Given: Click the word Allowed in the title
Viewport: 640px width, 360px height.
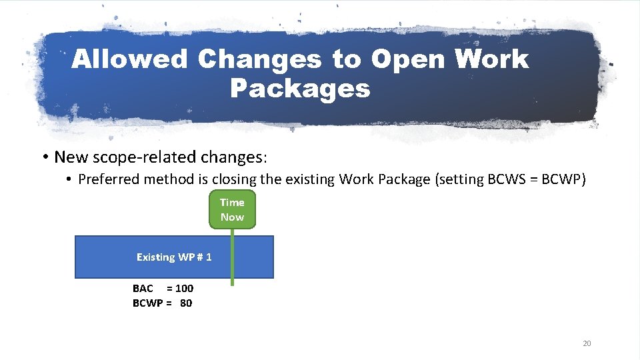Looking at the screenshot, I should click(130, 59).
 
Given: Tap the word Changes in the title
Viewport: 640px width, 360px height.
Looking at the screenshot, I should click(259, 59).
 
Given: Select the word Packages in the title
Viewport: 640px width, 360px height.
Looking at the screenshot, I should click(299, 88).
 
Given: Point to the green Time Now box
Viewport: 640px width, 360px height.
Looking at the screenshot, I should click(232, 209).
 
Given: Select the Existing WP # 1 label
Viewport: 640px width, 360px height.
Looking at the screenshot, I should click(174, 257).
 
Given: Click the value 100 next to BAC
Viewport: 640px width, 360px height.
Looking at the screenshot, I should click(185, 288).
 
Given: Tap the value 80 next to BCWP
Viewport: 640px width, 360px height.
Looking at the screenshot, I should click(186, 303).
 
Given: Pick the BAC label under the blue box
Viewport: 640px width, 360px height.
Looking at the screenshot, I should click(143, 288).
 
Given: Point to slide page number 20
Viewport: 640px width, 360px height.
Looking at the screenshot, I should click(587, 343).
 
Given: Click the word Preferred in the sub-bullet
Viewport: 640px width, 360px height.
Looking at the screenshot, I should click(106, 179).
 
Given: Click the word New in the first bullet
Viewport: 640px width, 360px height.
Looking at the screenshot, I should click(67, 157).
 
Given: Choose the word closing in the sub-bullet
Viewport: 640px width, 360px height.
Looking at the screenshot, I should click(224, 179).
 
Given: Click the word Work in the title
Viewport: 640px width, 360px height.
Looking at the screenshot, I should click(491, 59).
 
